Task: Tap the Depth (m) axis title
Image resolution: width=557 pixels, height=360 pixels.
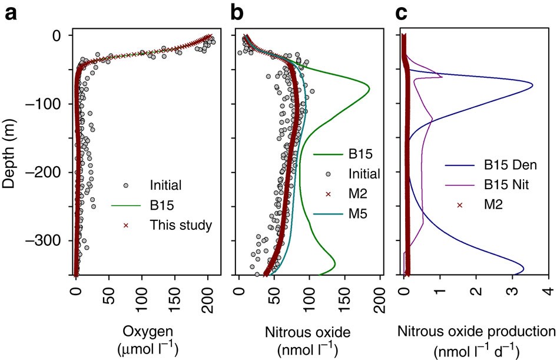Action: click(x=9, y=154)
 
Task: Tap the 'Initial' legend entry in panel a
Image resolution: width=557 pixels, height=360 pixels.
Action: click(x=166, y=185)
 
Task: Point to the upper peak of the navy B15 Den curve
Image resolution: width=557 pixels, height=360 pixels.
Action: click(x=533, y=86)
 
